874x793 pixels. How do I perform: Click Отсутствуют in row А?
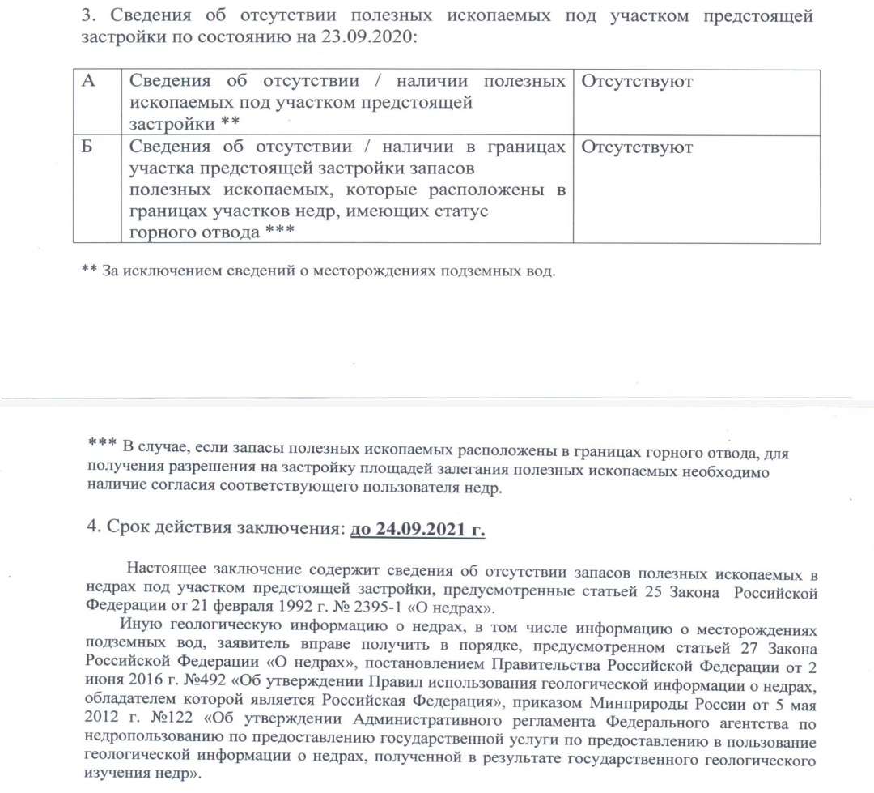coord(637,82)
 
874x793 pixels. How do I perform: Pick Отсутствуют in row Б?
coord(637,148)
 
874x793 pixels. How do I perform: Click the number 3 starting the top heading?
coord(89,18)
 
